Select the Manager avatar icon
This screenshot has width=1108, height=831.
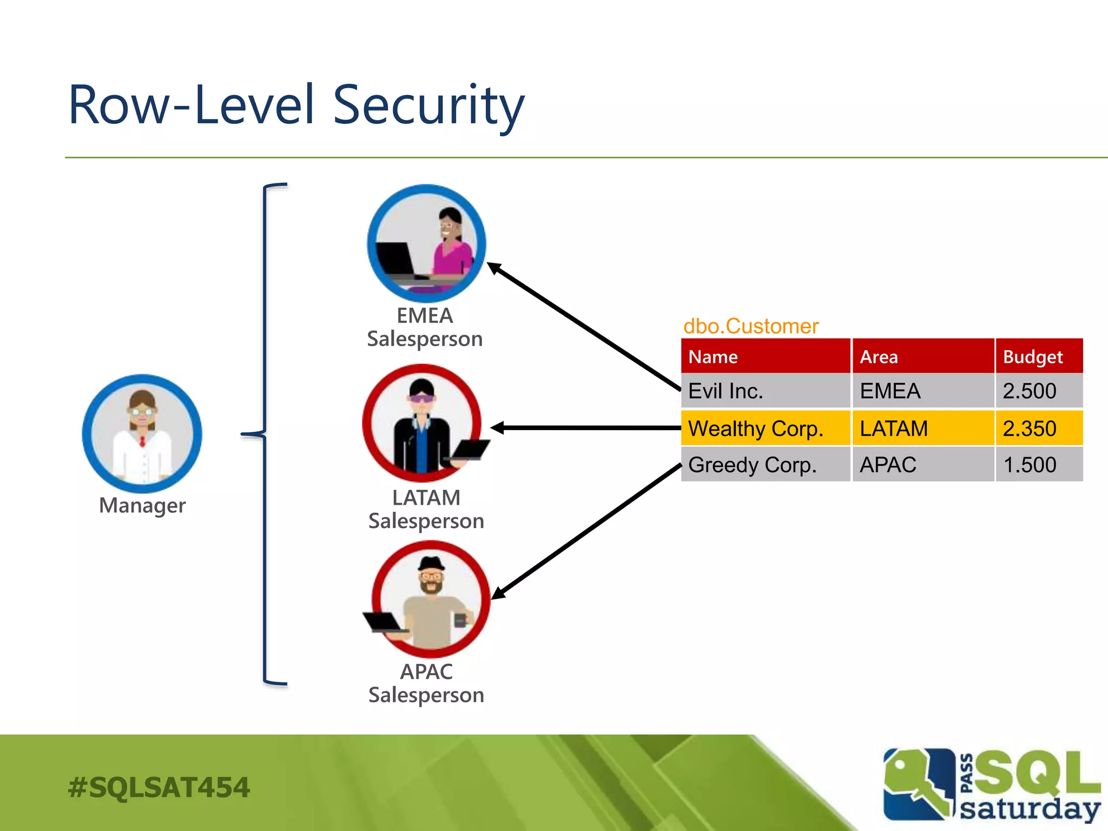click(142, 433)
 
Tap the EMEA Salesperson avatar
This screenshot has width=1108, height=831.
click(426, 243)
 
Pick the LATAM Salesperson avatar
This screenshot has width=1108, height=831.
click(423, 424)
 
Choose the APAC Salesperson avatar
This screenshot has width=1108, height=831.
click(431, 599)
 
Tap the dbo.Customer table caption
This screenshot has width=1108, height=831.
click(751, 326)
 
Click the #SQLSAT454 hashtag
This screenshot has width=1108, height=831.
click(159, 787)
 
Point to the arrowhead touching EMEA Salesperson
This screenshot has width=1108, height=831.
click(494, 268)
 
